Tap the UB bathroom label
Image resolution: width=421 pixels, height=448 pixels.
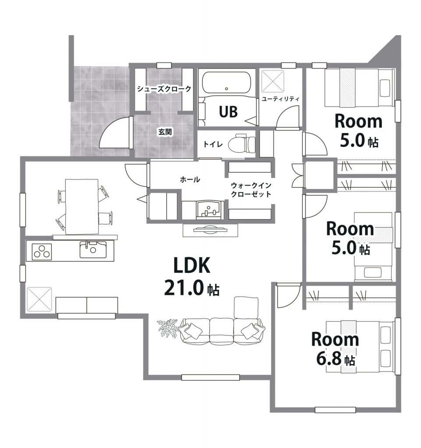click(x=228, y=112)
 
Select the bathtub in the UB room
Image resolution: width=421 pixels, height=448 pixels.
click(x=226, y=82)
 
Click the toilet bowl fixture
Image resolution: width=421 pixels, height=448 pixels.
click(x=242, y=144)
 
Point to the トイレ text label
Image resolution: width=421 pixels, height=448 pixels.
click(x=213, y=144)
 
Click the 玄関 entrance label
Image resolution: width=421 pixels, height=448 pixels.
click(x=165, y=132)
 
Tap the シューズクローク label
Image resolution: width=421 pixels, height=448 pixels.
click(x=164, y=89)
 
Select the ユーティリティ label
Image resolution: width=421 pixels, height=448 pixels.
click(x=280, y=99)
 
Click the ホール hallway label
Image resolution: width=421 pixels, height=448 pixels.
click(x=190, y=180)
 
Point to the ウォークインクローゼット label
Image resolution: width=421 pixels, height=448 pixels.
click(x=251, y=190)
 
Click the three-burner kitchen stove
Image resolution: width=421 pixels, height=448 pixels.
click(x=42, y=252)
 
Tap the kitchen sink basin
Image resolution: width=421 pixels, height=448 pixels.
click(x=93, y=250)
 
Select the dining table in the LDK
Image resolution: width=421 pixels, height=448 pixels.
click(x=82, y=206)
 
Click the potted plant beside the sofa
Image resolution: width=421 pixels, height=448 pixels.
click(x=168, y=329)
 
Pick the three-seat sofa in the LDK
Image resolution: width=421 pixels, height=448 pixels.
click(x=222, y=332)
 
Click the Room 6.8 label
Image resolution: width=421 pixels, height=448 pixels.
click(x=335, y=348)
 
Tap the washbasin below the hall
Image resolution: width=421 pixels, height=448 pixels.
click(x=210, y=210)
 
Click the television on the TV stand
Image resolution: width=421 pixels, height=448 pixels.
click(x=210, y=229)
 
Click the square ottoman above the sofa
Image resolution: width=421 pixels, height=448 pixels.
click(x=246, y=307)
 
